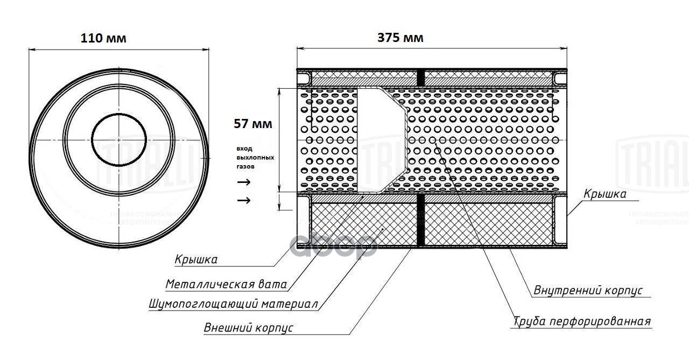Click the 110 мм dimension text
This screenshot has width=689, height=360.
point(103,39)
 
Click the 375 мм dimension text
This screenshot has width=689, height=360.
point(400,38)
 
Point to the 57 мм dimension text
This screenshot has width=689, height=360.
point(253,124)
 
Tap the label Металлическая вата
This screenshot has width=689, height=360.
point(226,284)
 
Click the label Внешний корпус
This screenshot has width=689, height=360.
point(249,328)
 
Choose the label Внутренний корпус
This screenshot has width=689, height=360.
point(588,291)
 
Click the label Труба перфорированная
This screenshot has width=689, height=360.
point(582,322)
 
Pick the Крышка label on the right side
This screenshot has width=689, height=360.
point(605,194)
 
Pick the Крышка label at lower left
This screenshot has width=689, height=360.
point(196,260)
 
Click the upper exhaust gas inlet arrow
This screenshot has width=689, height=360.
point(244,182)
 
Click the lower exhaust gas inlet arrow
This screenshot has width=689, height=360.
point(244,201)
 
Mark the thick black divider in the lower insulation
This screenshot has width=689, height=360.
point(421,222)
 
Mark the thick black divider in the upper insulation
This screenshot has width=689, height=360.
point(421,79)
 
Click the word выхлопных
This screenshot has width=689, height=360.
point(255,158)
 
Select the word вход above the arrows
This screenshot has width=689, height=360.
point(244,148)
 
